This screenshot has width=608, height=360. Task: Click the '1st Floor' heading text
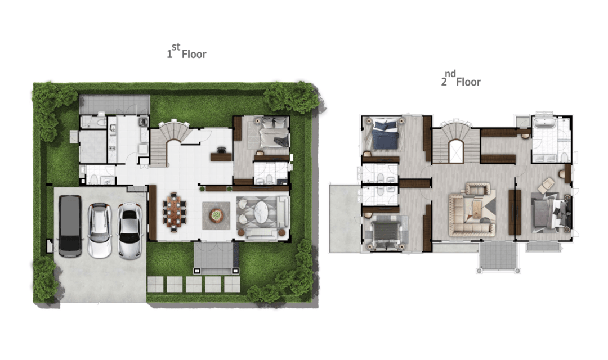click(x=186, y=52)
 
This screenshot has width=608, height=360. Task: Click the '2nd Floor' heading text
click(x=461, y=79)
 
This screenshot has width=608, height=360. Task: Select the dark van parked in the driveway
click(x=70, y=226)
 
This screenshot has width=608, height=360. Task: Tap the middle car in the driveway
click(x=100, y=230)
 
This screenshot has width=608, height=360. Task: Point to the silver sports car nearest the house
click(x=129, y=230)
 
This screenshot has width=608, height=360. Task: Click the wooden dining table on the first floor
click(x=174, y=212)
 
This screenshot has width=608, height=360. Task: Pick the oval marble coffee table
click(x=261, y=212)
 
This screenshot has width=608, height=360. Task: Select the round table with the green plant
click(x=216, y=215)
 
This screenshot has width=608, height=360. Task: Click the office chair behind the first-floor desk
click(x=221, y=150)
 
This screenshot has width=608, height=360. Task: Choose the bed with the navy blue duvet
click(x=385, y=134)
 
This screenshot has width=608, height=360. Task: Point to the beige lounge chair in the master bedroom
click(x=546, y=184)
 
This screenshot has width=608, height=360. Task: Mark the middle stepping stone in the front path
click(x=194, y=284)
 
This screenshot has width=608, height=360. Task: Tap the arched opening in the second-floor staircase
click(x=456, y=151)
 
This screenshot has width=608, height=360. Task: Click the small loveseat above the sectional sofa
click(x=477, y=189)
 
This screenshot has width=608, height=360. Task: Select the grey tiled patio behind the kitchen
click(x=114, y=105)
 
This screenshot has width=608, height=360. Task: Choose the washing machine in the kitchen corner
click(x=144, y=121)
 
